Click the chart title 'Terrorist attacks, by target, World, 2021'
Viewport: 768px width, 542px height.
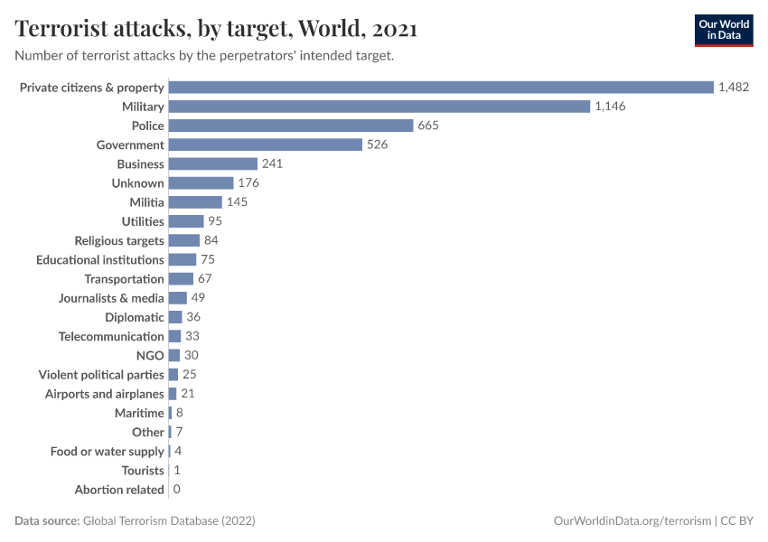click(x=216, y=29)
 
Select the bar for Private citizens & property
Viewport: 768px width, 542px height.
click(x=441, y=88)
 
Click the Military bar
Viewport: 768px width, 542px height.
click(x=379, y=107)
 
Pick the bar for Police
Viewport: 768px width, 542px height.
click(x=291, y=126)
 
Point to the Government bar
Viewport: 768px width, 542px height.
click(x=265, y=145)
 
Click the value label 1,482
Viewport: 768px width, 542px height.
click(x=734, y=88)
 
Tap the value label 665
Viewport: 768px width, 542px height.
click(x=428, y=126)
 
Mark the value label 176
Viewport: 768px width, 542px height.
click(x=248, y=183)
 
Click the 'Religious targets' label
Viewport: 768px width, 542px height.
click(x=119, y=240)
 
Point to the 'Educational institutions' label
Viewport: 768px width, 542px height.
click(x=100, y=260)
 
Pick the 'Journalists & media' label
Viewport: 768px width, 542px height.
click(x=111, y=298)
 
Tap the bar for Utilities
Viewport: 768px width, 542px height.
click(x=186, y=221)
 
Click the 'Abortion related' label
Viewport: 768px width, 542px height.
click(x=119, y=490)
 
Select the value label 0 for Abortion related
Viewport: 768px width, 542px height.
click(x=176, y=490)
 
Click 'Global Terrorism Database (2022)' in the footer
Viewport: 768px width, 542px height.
click(x=169, y=521)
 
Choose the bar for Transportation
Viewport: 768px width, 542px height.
click(x=181, y=279)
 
